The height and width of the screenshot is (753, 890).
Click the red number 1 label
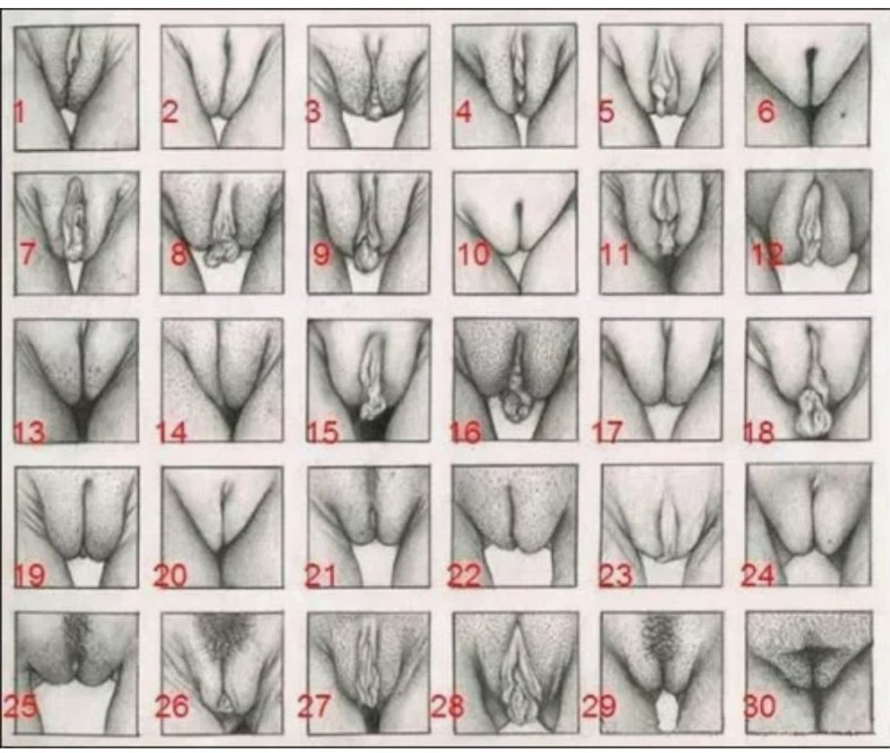pos(20,114)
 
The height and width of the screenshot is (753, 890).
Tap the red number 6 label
pos(766,114)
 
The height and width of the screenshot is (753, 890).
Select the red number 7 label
pos(28,254)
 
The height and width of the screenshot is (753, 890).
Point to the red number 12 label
pos(767,256)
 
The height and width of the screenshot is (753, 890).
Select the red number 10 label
pos(473,255)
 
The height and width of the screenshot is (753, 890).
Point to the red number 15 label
pos(323,432)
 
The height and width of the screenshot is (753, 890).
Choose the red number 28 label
pos(446,706)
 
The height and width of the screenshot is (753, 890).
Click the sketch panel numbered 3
pos(368,86)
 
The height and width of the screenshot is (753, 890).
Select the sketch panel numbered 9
pos(368,232)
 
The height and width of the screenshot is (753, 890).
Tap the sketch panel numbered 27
pos(368,672)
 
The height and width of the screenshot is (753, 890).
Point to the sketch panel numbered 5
pos(660,86)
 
